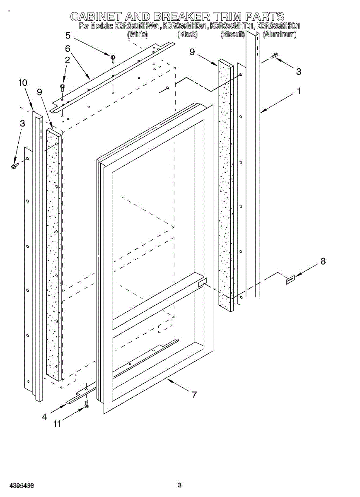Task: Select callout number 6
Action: tap(68, 48)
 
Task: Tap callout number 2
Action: tap(67, 60)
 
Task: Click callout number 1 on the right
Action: tap(298, 92)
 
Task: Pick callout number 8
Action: tap(323, 261)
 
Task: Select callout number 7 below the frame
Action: tap(194, 395)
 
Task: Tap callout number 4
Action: tap(44, 417)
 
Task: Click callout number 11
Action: tap(56, 424)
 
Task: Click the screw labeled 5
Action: tap(112, 57)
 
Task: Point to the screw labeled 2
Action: tap(63, 87)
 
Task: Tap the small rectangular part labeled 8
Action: tap(289, 281)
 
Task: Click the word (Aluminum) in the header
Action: tap(279, 35)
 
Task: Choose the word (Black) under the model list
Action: tap(187, 35)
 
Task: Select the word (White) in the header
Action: tap(137, 35)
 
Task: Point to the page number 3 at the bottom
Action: tap(179, 485)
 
